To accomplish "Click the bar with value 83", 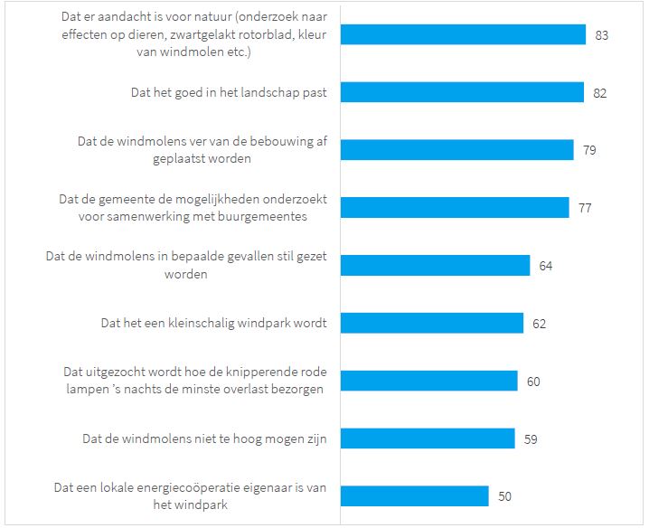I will coord(464,34).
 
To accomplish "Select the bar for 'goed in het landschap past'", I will coord(462,92).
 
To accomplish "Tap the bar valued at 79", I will coord(457,150).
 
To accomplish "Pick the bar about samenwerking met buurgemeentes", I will coord(455,207).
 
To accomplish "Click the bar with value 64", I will coord(435,265).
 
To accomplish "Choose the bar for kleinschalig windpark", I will coord(432,323).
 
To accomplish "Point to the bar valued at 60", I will coord(429,381).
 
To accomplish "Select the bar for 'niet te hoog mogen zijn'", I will coord(428,438).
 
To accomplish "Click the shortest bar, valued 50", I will coord(415,496).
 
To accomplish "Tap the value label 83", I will coord(602,35).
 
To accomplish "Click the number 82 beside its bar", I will coord(599,92).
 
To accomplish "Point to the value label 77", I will coord(585,208).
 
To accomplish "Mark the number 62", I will coord(539,324).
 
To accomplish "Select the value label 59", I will coord(531,439).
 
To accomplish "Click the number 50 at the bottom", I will coord(504,497).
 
